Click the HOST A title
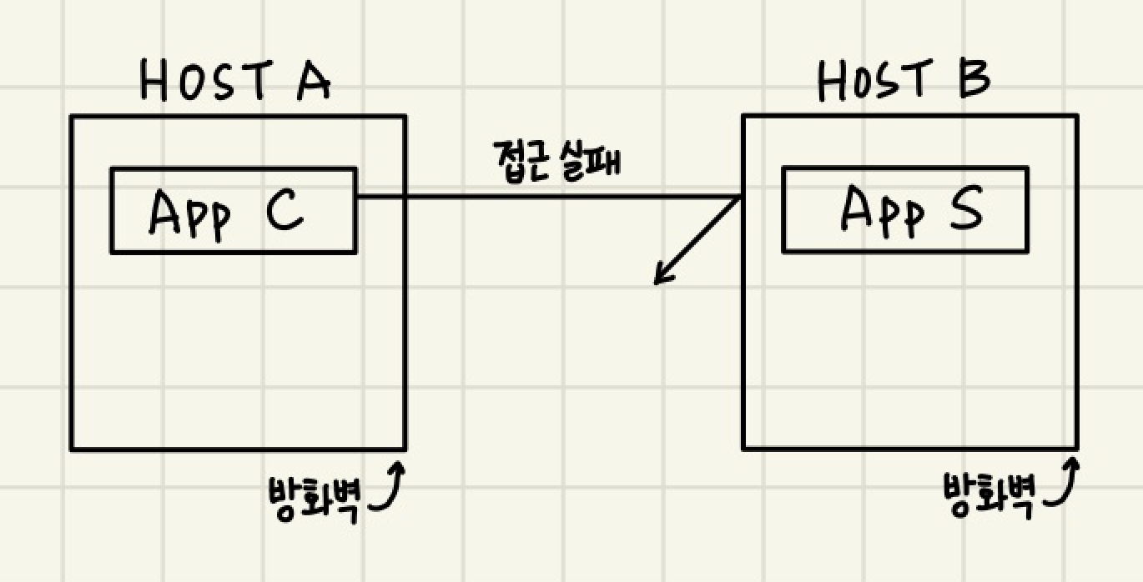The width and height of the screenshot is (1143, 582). coord(236,82)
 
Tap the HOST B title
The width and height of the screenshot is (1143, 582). coord(904,82)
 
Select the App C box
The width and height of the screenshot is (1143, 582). coord(234,210)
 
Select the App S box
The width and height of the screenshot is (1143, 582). coord(904,209)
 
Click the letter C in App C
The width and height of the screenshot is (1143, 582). coord(284,212)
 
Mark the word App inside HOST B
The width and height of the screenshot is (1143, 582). coord(881,211)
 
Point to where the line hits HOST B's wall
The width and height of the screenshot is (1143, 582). coord(742,198)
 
